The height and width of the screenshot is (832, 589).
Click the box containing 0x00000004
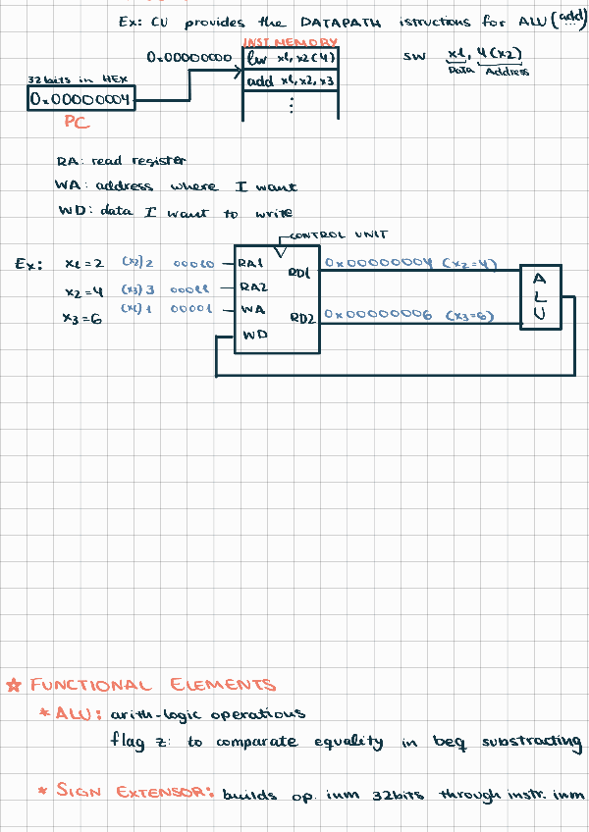pos(79,99)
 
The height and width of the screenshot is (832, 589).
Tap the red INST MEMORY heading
pos(290,43)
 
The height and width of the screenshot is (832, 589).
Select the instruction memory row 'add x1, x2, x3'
pos(290,81)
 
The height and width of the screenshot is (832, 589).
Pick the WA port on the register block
pos(250,309)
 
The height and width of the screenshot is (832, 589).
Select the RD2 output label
pos(301,319)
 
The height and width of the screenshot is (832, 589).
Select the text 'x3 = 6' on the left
pos(82,318)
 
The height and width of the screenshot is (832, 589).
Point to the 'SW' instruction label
pos(413,57)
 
